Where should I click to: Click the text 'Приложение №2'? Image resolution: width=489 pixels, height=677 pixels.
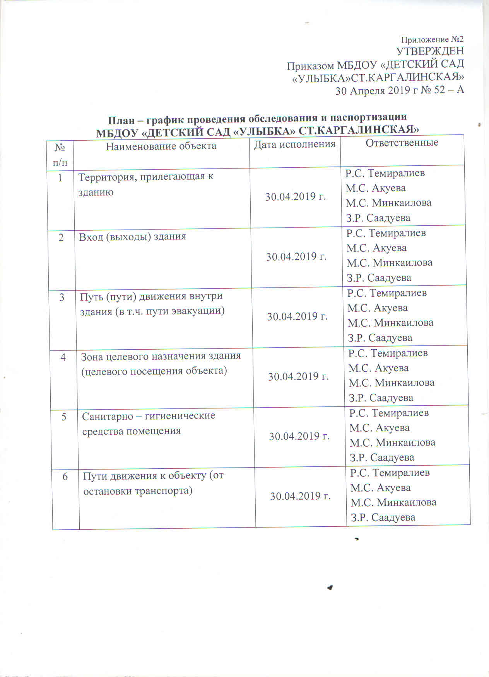point(432,39)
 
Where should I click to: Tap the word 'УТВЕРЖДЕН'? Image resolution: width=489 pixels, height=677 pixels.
point(430,51)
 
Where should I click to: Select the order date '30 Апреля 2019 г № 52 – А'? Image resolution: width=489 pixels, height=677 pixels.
point(399,90)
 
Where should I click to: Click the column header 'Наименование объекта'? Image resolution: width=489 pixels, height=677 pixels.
point(161,146)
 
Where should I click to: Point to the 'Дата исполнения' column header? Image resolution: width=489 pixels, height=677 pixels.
point(294,144)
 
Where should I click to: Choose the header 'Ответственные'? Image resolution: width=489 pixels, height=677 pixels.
point(402,143)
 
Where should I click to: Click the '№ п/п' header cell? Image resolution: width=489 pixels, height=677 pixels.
point(60,155)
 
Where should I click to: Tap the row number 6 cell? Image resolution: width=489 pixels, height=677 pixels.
point(65,476)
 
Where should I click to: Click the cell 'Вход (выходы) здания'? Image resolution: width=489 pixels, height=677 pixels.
point(132,236)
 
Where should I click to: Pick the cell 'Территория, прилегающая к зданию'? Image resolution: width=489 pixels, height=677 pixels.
point(146,184)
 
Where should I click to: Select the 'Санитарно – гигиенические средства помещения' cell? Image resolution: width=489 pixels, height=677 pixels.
point(149,423)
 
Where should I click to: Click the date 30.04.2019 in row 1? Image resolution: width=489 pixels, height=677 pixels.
point(295,197)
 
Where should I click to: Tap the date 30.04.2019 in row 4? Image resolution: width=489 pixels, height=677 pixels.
point(298,376)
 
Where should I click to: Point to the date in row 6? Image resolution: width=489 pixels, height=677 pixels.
point(300,496)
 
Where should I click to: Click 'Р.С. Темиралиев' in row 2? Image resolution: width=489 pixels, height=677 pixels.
point(386,233)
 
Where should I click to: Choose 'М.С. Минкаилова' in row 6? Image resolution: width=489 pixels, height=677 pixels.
point(393,502)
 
